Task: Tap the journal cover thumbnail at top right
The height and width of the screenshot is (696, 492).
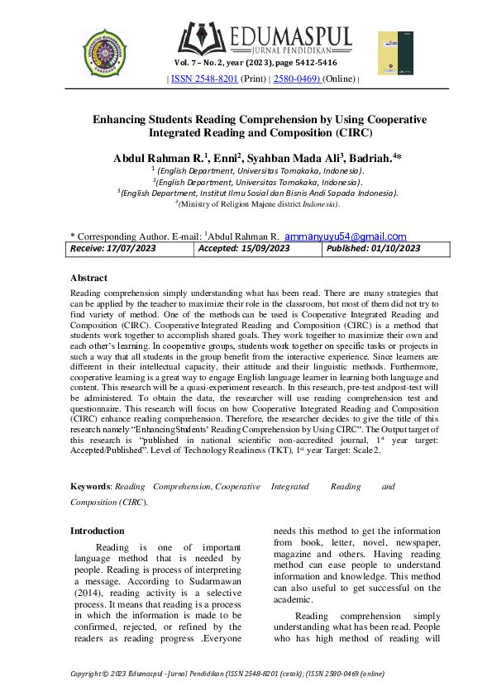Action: click(394, 54)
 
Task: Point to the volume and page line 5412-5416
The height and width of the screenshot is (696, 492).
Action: click(256, 63)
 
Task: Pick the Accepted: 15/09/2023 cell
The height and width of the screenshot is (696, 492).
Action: click(244, 248)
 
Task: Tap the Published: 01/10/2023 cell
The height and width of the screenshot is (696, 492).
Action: click(373, 248)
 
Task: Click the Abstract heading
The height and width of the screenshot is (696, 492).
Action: click(88, 279)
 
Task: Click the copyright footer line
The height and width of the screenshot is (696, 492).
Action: click(227, 674)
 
